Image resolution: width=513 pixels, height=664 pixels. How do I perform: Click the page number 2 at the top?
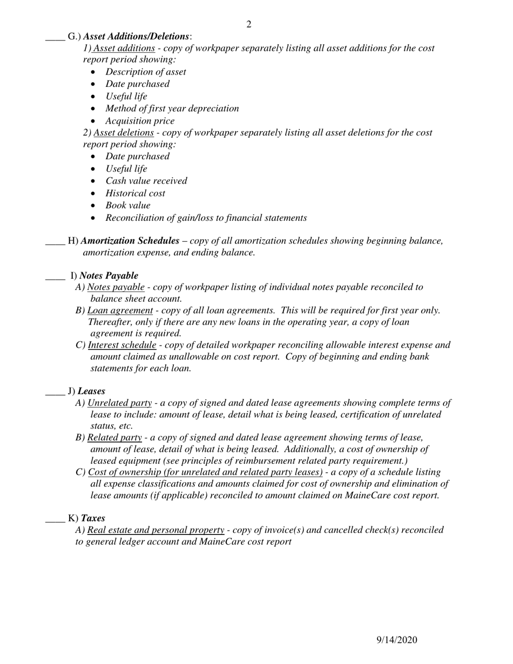point(248,24)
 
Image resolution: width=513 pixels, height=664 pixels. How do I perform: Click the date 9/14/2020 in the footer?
point(396,640)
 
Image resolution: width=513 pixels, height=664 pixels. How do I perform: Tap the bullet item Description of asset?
point(145,72)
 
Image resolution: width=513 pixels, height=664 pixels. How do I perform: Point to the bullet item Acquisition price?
point(140,121)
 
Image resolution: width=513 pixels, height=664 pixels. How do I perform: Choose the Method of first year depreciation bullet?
point(172,109)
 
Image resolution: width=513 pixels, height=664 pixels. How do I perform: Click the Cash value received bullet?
point(146,181)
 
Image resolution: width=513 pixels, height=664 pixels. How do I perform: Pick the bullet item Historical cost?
point(135,193)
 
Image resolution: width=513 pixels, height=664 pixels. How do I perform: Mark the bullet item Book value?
point(127,206)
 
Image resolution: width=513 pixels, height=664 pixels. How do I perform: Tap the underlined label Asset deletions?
point(124,133)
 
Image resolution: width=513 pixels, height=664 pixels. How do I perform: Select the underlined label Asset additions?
point(124,48)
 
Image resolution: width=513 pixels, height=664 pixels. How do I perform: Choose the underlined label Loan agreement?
point(120,310)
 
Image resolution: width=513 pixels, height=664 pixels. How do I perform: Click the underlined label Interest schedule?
point(122,345)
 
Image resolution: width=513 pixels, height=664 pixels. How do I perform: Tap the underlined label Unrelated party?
point(119,403)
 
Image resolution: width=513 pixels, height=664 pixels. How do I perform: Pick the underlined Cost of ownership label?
point(205,472)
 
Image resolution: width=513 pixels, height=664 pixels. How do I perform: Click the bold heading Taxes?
point(93,518)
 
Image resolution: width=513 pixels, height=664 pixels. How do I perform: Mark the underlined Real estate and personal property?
point(156,530)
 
